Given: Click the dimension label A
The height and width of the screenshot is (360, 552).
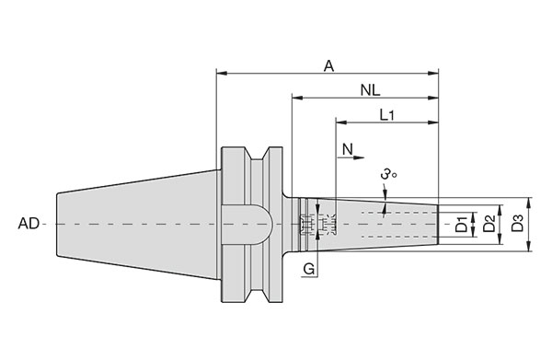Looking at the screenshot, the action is (x=328, y=66).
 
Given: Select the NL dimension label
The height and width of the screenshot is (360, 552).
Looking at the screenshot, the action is (x=371, y=90).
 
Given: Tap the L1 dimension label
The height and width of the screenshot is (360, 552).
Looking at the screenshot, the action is (x=386, y=115).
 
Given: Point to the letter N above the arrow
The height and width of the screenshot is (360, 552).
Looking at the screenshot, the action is (x=348, y=149).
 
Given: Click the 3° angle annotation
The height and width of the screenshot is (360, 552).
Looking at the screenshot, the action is (x=388, y=174).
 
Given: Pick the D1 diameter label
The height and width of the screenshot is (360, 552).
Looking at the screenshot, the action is (x=462, y=224).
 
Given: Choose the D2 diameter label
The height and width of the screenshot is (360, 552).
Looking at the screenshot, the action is (x=489, y=224).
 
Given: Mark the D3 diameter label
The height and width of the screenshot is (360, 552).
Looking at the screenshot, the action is (x=518, y=224).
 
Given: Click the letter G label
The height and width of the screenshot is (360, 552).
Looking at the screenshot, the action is (x=309, y=269).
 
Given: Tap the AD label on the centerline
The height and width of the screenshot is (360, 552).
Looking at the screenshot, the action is (x=29, y=224).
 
